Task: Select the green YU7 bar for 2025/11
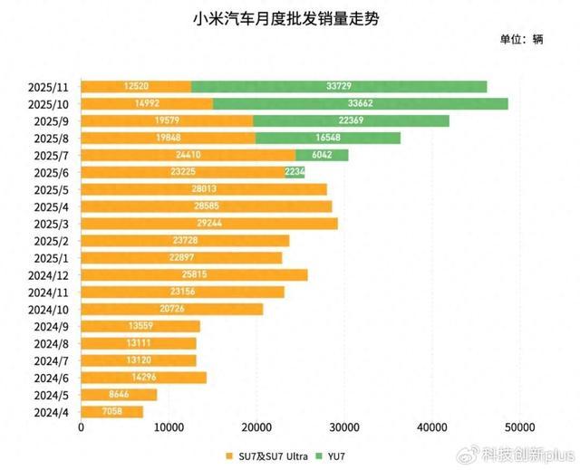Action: [x=339, y=87]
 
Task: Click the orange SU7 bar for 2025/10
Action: [x=148, y=104]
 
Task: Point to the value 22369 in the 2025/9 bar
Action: [x=351, y=120]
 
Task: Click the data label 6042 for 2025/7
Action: [x=322, y=155]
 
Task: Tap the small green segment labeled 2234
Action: [x=295, y=172]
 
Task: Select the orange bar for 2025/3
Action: [x=209, y=224]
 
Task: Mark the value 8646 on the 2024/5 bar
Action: [x=119, y=395]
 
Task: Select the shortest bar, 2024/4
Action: [x=112, y=412]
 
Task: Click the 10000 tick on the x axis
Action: [x=169, y=428]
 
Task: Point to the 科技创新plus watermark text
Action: [x=527, y=453]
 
